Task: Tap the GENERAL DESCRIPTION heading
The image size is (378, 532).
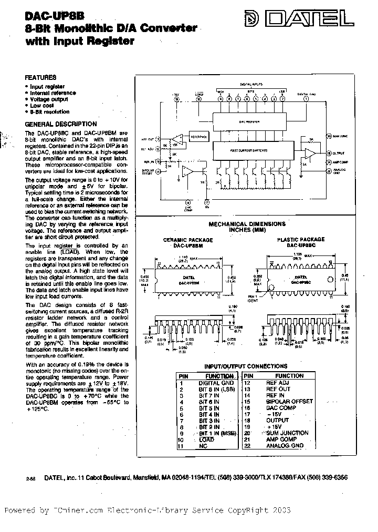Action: (61, 124)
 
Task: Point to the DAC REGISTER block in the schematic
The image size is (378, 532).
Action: (249, 121)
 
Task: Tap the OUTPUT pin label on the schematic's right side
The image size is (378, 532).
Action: (339, 153)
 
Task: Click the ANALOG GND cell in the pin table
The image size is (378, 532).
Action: (285, 445)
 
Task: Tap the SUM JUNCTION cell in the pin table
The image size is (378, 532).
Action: (287, 433)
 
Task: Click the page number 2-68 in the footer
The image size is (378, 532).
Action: (30, 478)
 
